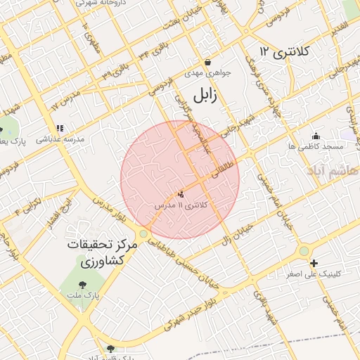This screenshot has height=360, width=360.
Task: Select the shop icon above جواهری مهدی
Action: [207, 62]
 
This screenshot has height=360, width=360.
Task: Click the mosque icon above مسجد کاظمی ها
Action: [316, 136]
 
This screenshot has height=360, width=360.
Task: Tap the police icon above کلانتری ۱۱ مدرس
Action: [181, 193]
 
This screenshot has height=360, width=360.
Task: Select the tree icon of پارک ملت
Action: [83, 285]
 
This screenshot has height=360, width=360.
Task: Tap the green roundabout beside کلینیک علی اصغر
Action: [304, 250]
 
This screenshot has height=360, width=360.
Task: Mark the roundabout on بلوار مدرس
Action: [143, 233]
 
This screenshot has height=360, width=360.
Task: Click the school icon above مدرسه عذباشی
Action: [60, 129]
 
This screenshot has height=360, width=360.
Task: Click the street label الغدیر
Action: [340, 28]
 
